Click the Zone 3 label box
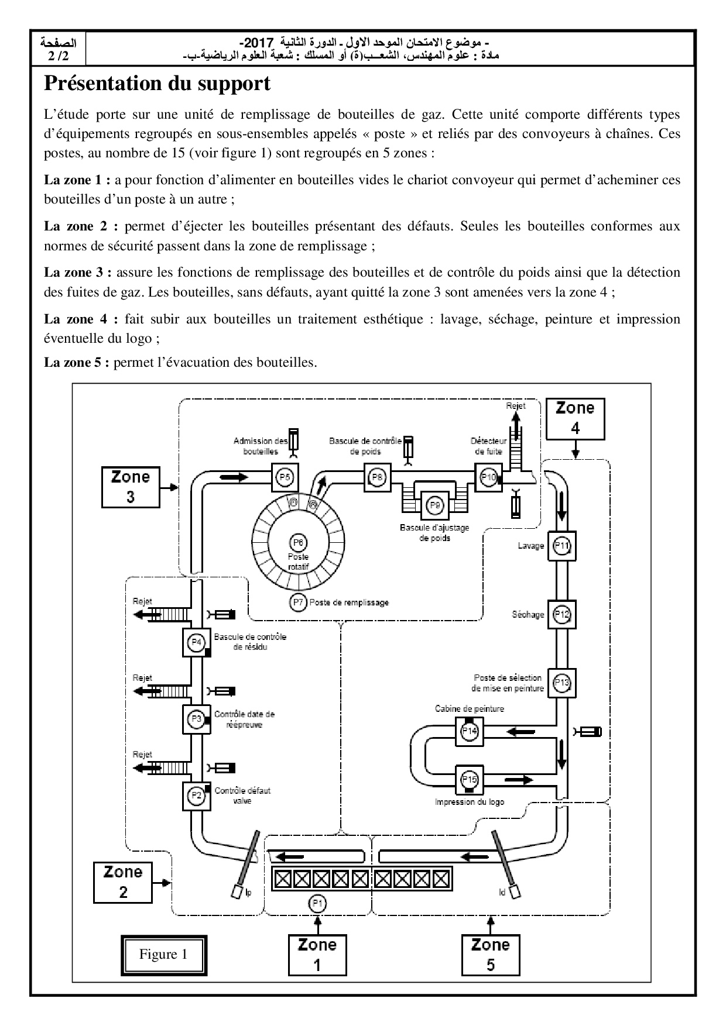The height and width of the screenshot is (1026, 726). tap(131, 487)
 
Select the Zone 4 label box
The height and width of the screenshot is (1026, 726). tap(575, 418)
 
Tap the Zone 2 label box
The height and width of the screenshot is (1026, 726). tap(123, 882)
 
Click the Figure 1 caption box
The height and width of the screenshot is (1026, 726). tap(163, 954)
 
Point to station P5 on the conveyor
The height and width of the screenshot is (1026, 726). tap(285, 477)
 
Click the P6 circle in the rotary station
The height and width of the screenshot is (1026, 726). tap(298, 542)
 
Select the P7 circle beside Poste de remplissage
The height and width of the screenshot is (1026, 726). tap(299, 602)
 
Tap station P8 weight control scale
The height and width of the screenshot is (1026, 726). tap(378, 477)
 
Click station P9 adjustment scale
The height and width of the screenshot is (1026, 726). tap(434, 505)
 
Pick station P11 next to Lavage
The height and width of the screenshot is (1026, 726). tap(562, 546)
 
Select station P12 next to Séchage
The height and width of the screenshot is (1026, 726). tap(562, 615)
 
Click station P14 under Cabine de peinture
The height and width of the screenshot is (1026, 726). tap(470, 731)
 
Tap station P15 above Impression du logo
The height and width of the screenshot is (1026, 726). tap(470, 779)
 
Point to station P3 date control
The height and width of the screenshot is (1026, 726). tap(197, 719)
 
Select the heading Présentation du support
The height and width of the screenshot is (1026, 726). tap(157, 84)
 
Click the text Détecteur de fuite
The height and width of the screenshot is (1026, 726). tap(488, 446)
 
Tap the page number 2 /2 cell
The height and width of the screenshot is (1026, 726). tap(58, 50)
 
